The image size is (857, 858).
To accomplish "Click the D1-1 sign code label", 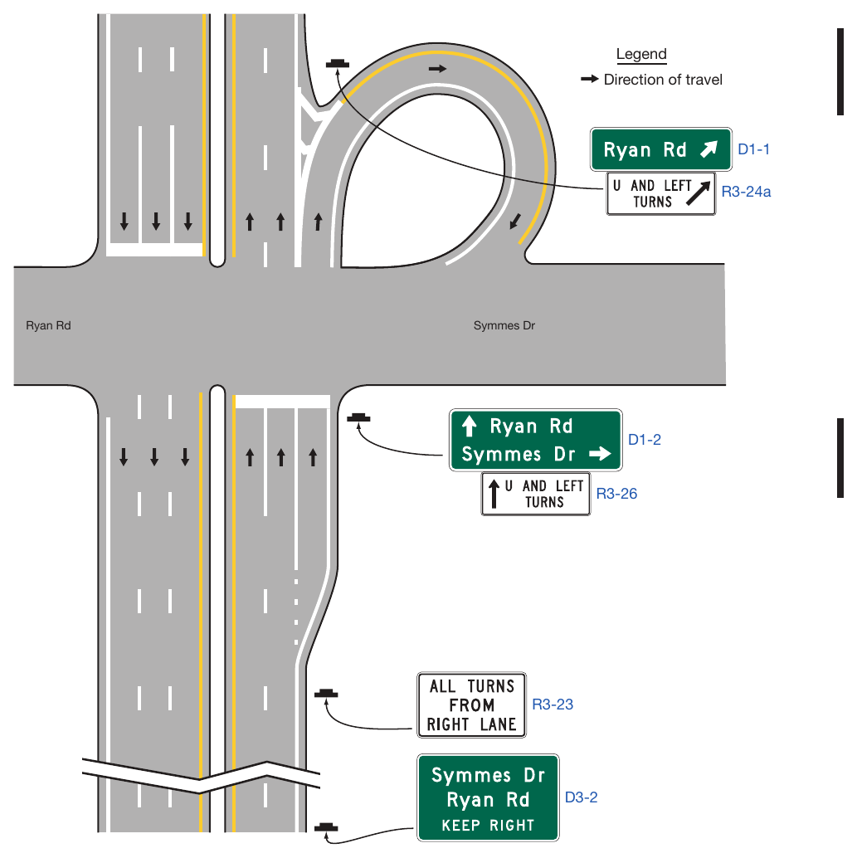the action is (753, 149).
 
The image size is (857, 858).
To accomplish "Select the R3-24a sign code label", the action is (746, 192).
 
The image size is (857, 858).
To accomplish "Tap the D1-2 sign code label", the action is (644, 440).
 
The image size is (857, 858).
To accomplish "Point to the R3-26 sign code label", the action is (616, 494).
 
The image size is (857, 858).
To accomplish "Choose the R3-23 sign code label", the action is (553, 704).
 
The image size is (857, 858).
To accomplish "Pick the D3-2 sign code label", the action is (582, 797).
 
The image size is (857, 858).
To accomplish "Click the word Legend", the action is (641, 54).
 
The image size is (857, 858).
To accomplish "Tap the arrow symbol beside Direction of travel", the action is (589, 80).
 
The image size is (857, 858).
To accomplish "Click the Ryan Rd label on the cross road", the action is (48, 325).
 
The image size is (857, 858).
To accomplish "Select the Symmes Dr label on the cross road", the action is (504, 325).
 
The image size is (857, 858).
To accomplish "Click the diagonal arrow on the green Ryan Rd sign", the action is (709, 149).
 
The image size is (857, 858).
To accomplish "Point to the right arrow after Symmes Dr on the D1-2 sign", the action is (601, 454).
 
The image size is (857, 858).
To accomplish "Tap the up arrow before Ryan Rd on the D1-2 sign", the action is (469, 426).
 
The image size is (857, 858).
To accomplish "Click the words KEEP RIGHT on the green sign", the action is (488, 825).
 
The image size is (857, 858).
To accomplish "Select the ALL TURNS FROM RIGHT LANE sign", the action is (471, 704).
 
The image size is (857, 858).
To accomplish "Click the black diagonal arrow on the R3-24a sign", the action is (699, 193).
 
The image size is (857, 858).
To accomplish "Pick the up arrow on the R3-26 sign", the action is (494, 494).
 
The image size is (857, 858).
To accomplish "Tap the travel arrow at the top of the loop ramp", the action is (437, 69).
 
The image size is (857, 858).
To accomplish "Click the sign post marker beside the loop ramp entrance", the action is (337, 65).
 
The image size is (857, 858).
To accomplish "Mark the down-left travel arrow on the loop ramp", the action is (515, 222).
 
